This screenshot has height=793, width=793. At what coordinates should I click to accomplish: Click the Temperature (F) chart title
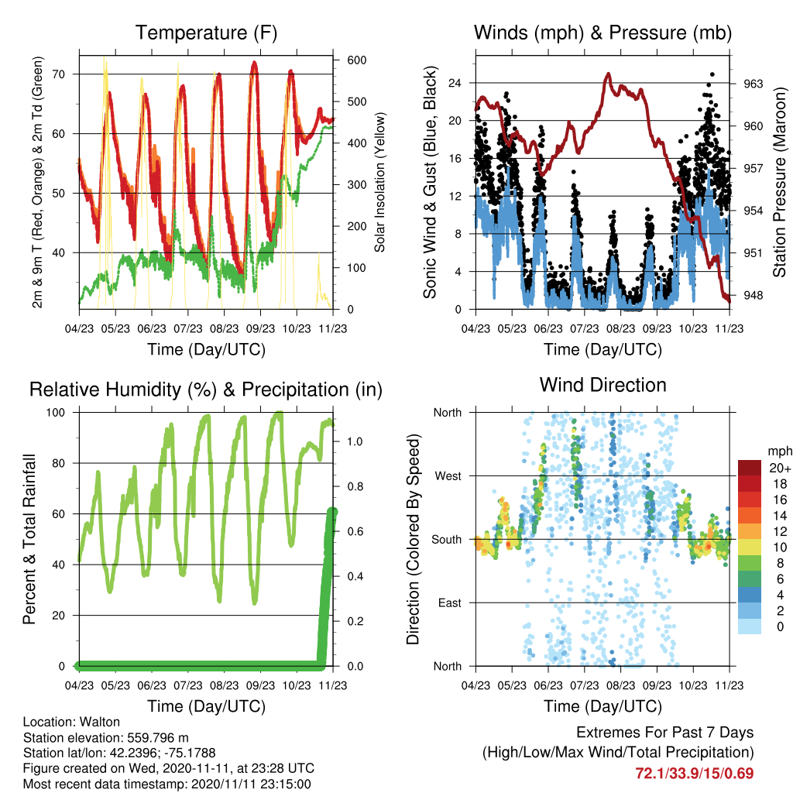(206, 33)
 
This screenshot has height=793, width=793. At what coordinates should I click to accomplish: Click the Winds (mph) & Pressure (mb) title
(602, 33)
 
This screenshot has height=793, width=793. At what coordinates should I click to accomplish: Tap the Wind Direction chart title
(602, 385)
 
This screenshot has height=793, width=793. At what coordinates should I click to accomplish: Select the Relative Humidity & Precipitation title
(206, 390)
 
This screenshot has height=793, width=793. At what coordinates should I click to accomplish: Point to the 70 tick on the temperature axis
(59, 74)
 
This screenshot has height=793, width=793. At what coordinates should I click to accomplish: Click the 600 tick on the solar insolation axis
(356, 60)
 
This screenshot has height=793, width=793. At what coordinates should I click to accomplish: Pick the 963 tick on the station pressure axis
(753, 84)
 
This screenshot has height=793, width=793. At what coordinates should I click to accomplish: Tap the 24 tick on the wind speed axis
(455, 83)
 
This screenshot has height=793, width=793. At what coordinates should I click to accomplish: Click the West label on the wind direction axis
(448, 476)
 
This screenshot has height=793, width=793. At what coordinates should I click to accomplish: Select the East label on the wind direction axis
(450, 602)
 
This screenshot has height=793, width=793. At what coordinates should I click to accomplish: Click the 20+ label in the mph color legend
(780, 469)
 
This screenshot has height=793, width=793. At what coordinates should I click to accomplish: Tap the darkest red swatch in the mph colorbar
(750, 468)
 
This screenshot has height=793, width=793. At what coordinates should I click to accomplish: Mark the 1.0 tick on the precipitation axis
(355, 441)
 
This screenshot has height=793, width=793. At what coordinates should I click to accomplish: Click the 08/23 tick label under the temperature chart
(224, 328)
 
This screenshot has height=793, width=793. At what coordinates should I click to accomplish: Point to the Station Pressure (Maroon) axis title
(779, 183)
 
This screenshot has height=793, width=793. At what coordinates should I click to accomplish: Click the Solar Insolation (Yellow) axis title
(379, 182)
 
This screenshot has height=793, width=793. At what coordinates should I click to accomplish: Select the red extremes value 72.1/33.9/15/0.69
(695, 774)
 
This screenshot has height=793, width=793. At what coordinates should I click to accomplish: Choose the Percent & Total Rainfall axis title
(29, 539)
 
